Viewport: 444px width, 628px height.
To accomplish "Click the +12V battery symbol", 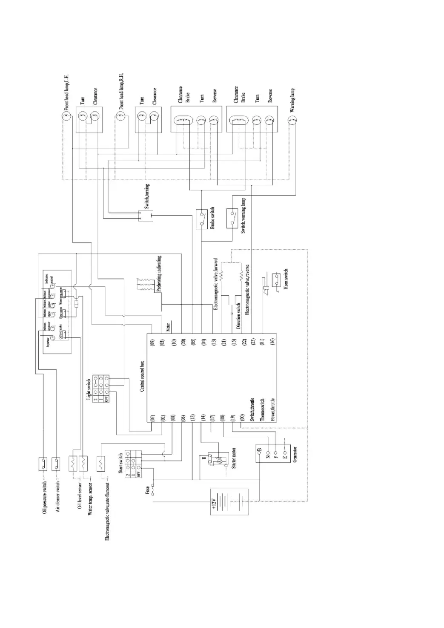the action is point(229,501).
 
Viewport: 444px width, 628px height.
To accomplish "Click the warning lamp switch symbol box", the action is point(232,218).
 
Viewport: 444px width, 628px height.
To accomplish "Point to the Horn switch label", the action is point(286,279).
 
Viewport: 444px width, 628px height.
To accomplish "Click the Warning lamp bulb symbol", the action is point(292,122).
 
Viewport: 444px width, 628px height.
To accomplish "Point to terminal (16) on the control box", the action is point(272,341).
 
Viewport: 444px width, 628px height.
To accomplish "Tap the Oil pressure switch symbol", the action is point(43,463).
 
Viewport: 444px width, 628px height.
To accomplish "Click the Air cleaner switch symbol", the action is point(56,463).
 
